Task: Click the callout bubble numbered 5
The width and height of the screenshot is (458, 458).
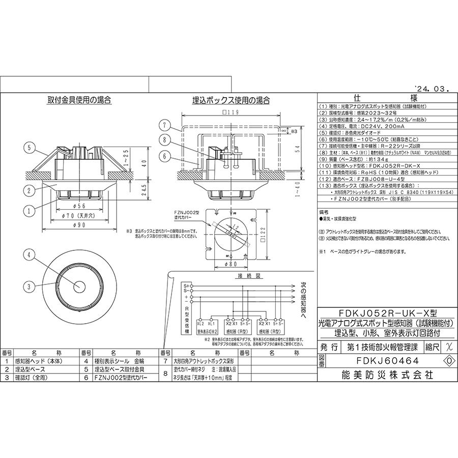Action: pyautogui.click(x=31, y=148)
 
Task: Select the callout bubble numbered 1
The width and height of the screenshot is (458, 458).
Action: pyautogui.click(x=31, y=209)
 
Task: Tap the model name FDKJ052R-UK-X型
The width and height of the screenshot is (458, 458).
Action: pyautogui.click(x=387, y=313)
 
